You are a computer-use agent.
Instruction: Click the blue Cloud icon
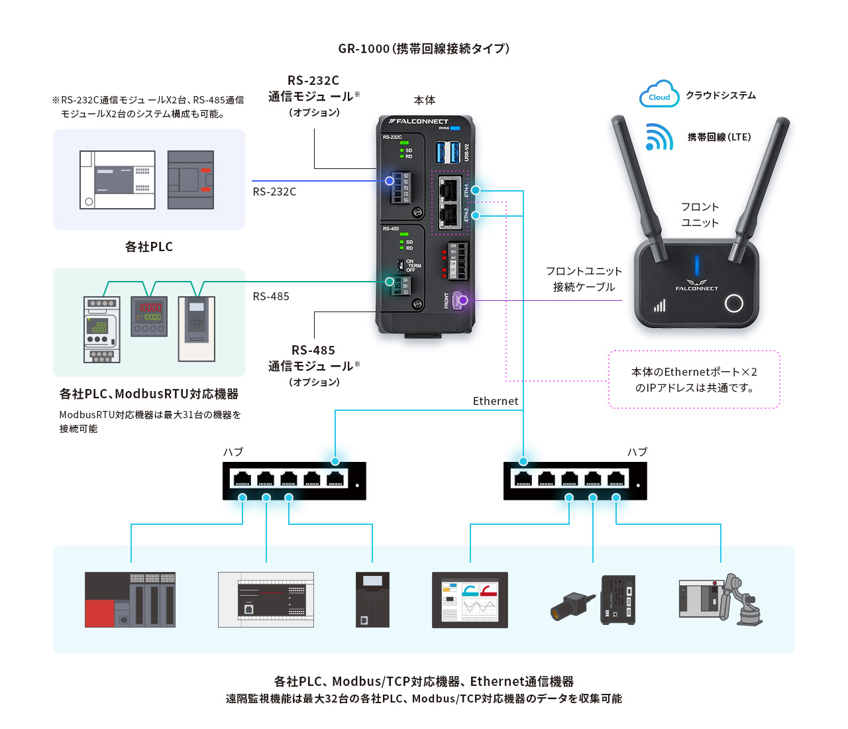[659, 94]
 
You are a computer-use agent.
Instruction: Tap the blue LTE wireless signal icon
[659, 137]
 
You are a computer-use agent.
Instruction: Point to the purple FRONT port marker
[463, 300]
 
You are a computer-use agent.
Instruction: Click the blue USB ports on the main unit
[448, 152]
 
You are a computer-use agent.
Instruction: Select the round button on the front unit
[733, 304]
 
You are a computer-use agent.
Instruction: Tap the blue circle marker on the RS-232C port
[390, 180]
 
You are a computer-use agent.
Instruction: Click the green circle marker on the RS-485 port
[390, 282]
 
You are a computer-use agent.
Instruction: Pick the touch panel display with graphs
[470, 600]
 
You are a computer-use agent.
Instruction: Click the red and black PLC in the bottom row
[130, 600]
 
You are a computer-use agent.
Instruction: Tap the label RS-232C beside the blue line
[274, 192]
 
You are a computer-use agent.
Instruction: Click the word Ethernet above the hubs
[496, 401]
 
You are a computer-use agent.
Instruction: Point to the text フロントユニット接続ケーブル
[584, 279]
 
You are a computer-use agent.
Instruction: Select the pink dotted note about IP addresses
[694, 380]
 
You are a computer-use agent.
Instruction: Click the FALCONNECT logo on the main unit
[419, 121]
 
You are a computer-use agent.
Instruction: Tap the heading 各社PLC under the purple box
[149, 247]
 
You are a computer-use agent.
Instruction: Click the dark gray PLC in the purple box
[191, 180]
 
